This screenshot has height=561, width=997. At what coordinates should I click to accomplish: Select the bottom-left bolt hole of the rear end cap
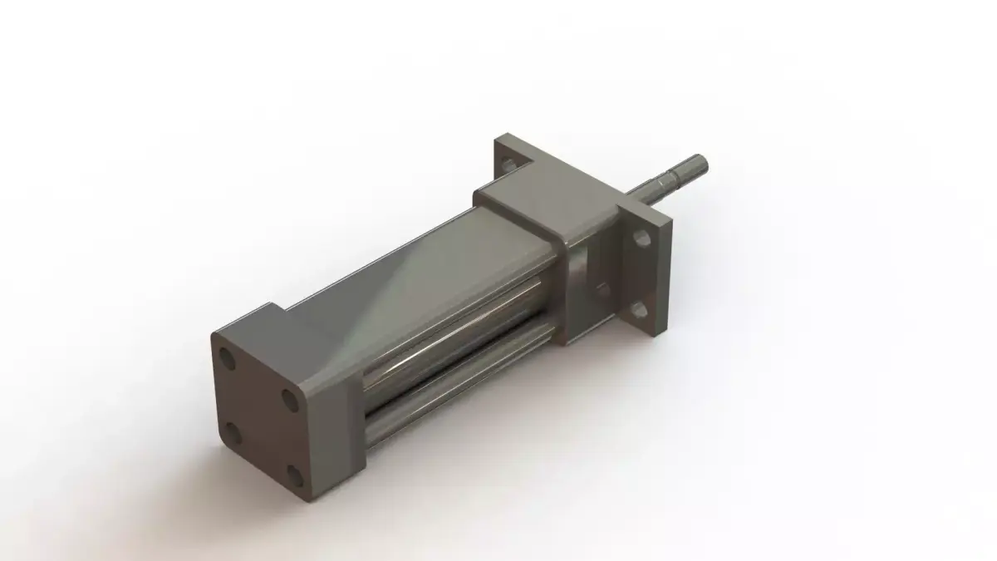coord(233,432)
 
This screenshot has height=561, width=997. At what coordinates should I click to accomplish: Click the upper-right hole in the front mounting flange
coord(641,239)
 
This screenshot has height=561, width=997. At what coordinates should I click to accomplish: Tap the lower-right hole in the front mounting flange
coord(638,311)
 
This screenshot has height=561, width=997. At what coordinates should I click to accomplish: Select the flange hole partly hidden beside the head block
coord(602,291)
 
